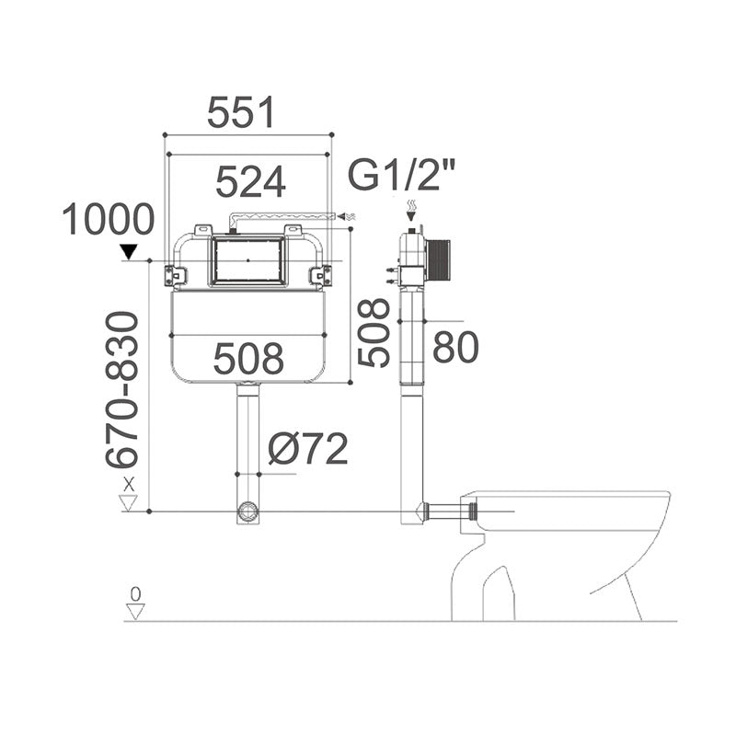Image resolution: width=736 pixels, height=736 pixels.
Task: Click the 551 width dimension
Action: point(241,112)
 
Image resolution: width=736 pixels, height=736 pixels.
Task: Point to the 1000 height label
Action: point(109,221)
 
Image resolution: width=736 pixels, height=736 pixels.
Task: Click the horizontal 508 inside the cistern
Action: point(248,358)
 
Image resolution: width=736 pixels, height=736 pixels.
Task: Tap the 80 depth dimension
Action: point(455,348)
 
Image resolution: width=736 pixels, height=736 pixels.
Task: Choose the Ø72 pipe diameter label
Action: point(307,449)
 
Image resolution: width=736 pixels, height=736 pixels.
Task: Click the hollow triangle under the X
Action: point(129,502)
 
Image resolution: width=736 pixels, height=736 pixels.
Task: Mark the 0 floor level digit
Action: point(135,593)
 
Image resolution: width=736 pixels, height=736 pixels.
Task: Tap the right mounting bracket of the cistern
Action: point(321,274)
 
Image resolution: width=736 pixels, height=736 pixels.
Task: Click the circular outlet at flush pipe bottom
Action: point(247,512)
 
